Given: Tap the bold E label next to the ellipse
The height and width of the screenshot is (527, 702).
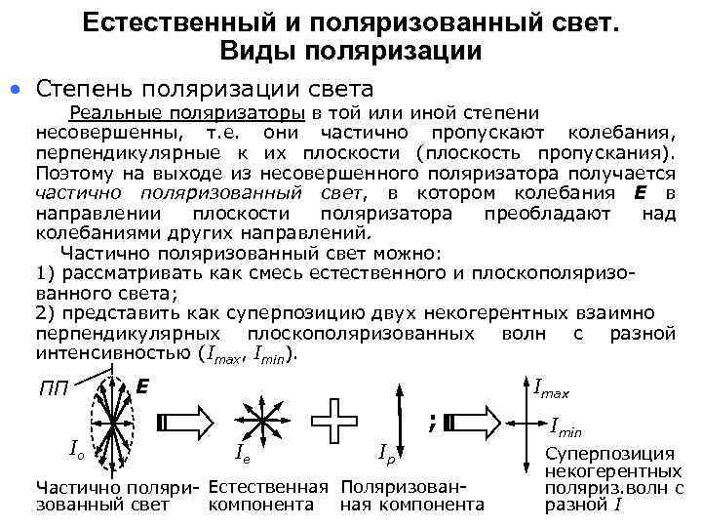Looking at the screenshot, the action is (x=142, y=386).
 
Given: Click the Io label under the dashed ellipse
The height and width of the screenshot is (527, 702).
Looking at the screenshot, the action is (x=73, y=449).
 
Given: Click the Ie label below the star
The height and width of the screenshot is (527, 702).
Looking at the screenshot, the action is (x=246, y=452).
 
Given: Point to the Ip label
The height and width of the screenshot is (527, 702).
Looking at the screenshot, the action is (x=387, y=453).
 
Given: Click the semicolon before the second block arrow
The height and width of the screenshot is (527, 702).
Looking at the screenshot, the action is (x=429, y=422).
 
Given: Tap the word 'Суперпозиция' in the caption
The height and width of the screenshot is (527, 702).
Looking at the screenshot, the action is (x=609, y=454).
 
